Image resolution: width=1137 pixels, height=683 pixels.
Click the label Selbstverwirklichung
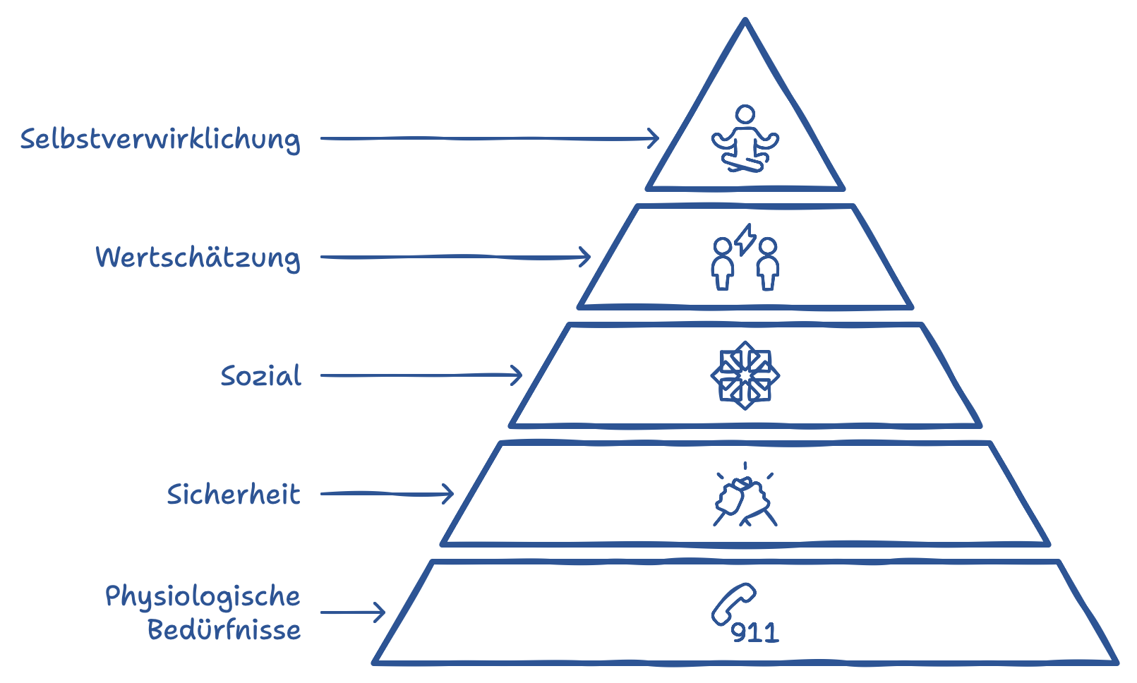coord(160,139)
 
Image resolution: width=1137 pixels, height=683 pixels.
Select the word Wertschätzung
coord(198,258)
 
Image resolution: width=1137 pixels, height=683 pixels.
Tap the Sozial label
coord(261,375)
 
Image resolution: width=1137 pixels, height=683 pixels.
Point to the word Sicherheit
coord(234,494)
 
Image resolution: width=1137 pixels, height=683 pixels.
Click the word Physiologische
coord(203,596)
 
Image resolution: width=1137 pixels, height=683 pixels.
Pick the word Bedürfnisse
coord(224,629)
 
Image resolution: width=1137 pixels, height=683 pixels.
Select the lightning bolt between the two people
coord(745,239)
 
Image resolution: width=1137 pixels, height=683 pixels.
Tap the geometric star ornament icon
coord(745,375)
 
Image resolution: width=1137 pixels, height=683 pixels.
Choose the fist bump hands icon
coord(745,498)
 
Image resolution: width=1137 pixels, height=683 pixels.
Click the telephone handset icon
coord(733,604)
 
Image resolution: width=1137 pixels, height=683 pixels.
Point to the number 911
coord(754,633)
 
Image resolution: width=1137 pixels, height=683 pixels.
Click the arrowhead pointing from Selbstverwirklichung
coord(654,138)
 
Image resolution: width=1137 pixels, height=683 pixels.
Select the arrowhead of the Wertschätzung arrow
coord(585,257)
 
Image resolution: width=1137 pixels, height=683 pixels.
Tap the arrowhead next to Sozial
coord(517,375)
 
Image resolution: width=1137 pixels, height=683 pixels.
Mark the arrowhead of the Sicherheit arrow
coord(447,494)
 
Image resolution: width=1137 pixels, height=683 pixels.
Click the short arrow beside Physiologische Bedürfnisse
coord(353,612)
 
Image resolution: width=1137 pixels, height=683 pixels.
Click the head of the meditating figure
coord(745,114)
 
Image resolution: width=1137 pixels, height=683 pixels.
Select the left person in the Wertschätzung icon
coord(722,265)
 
